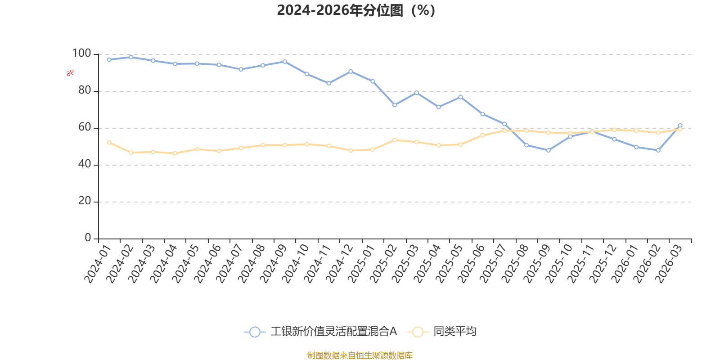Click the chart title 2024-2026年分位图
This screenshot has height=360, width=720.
[356, 10]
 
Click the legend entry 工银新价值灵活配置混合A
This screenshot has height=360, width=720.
[333, 332]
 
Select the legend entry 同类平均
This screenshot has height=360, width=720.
[454, 332]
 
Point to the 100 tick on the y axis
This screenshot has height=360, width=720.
[82, 54]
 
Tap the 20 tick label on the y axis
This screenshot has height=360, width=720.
[85, 201]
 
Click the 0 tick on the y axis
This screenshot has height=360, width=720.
[88, 238]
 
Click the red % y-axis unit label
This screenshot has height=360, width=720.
[70, 73]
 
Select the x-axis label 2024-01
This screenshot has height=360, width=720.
[98, 264]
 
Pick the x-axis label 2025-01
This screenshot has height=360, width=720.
[362, 264]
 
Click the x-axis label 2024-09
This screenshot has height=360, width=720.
[274, 264]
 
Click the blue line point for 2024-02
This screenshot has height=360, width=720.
[131, 57]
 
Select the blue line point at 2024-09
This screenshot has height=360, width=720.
[285, 61]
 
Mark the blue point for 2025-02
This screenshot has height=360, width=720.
[395, 105]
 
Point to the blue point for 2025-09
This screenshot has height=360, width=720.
[548, 150]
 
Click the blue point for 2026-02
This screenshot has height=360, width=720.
[658, 150]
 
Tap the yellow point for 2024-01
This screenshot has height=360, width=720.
[109, 142]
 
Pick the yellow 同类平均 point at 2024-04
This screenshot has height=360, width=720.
[175, 153]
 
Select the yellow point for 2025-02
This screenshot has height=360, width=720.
[395, 140]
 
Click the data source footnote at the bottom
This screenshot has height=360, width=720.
[360, 355]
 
